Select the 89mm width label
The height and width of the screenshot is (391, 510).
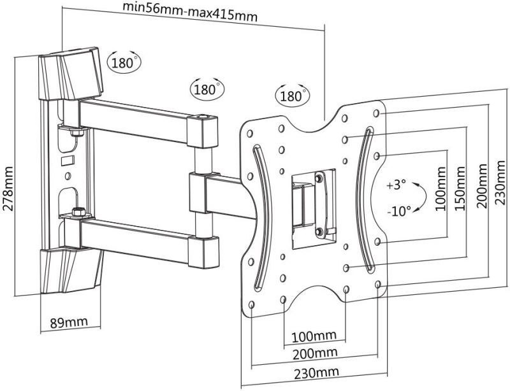click(68, 322)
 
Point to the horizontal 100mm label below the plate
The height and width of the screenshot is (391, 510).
click(314, 336)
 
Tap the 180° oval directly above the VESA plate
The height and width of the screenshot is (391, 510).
click(291, 96)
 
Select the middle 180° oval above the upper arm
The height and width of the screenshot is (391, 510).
click(206, 89)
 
